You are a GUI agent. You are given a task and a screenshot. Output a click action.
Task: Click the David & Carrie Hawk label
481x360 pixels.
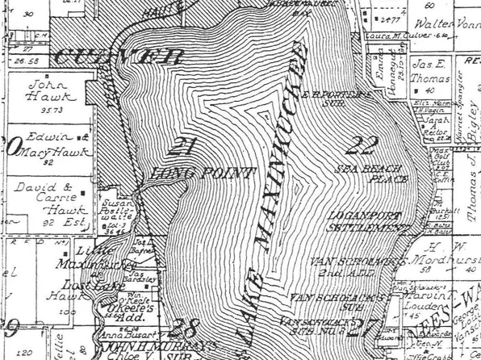[x=43, y=195]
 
